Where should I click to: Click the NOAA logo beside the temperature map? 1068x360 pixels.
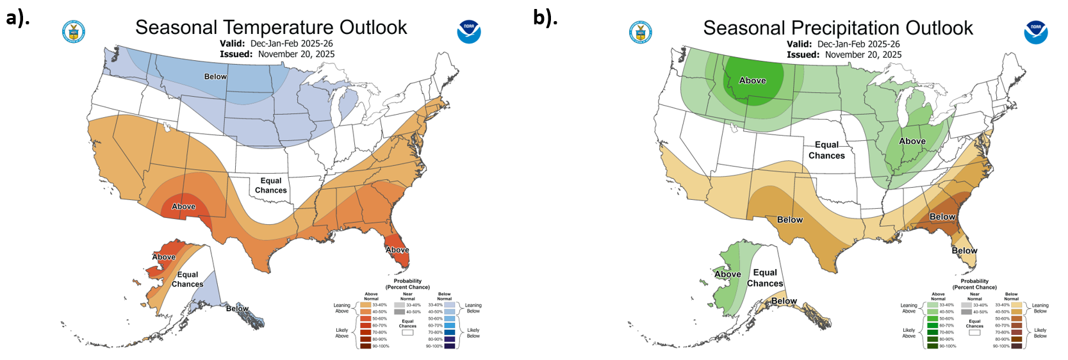click(x=469, y=31)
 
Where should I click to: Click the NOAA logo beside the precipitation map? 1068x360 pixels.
click(x=1035, y=32)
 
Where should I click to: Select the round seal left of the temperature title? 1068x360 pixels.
click(x=74, y=31)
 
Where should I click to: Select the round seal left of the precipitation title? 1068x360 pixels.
click(x=640, y=32)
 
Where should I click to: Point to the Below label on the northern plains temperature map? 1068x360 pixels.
click(x=215, y=76)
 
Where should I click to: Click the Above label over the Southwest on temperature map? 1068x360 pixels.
click(x=183, y=206)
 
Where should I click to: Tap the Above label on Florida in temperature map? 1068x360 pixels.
click(x=397, y=250)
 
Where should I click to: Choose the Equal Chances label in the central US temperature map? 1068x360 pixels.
click(x=271, y=185)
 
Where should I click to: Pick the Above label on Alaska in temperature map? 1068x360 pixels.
click(x=164, y=257)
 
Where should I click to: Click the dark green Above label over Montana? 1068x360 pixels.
click(x=752, y=81)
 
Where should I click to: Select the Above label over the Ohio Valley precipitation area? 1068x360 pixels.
click(x=912, y=141)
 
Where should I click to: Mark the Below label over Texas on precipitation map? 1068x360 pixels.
click(x=790, y=220)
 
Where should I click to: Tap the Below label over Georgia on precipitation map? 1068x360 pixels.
click(x=942, y=217)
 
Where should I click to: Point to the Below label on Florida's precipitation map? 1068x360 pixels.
click(x=964, y=250)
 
